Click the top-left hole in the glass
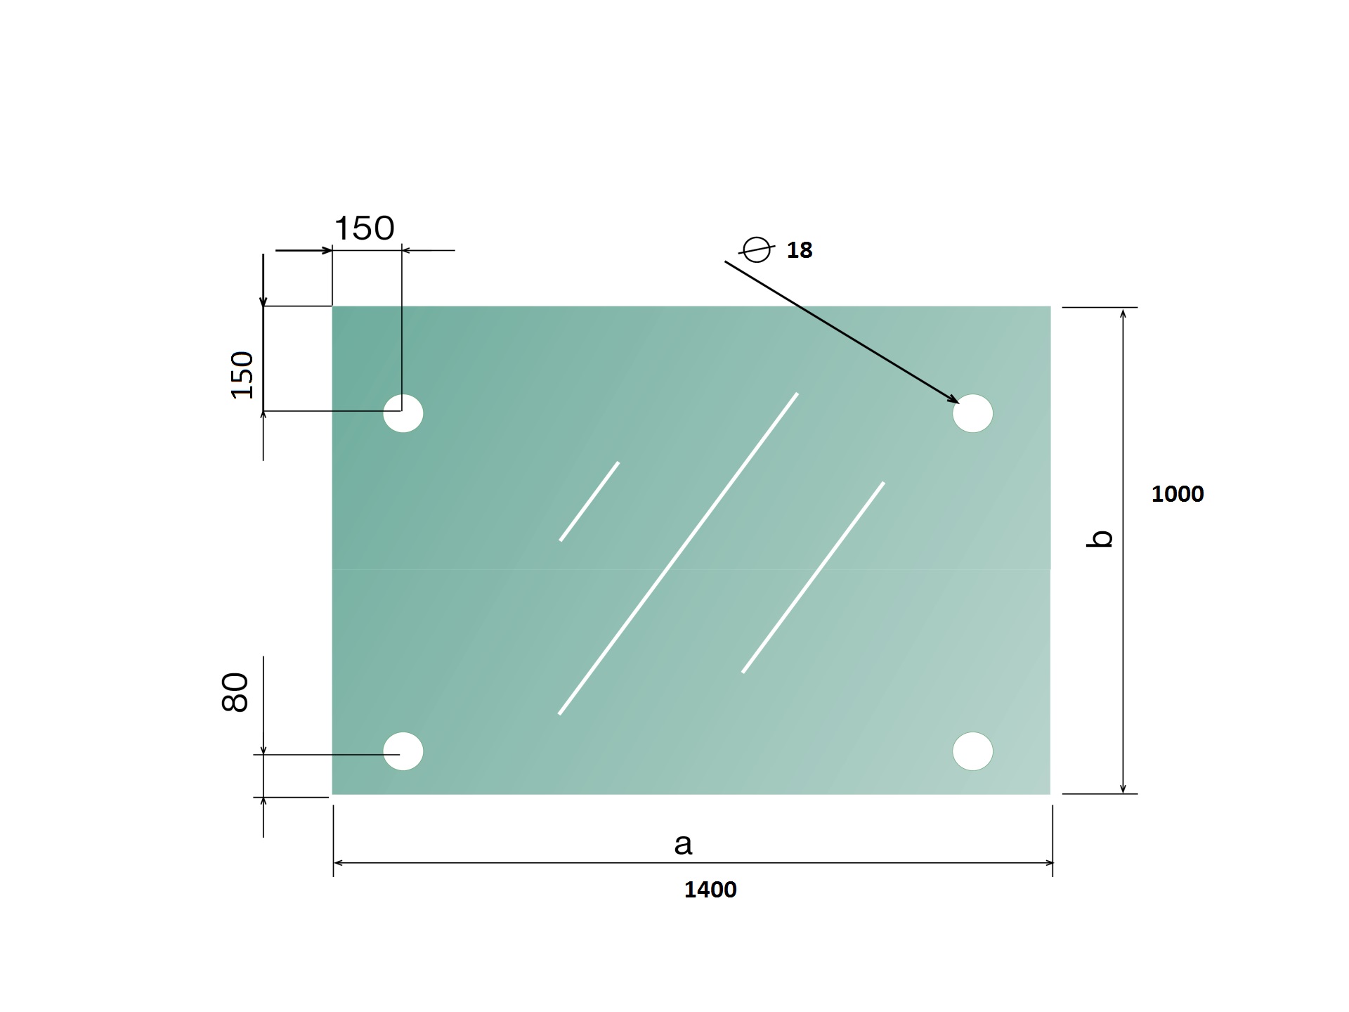[403, 413]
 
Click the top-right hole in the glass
[973, 413]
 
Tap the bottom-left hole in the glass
[403, 751]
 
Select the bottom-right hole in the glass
[973, 751]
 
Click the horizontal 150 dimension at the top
[364, 228]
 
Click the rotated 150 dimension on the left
[242, 375]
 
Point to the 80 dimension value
[235, 692]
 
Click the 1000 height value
[1178, 494]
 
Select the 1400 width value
[710, 890]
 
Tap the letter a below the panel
[683, 844]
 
